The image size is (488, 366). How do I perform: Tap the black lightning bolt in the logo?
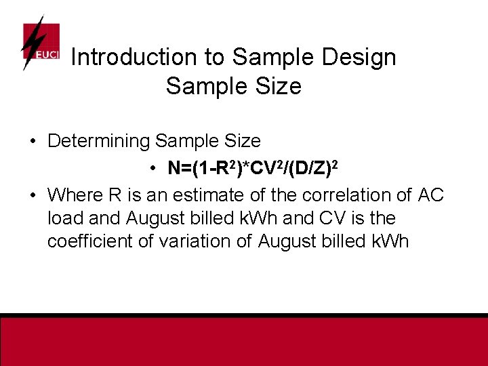click(x=31, y=42)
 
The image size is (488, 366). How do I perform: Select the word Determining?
click(x=98, y=142)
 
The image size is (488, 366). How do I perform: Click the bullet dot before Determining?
click(x=33, y=142)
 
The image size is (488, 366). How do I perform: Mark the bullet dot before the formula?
click(x=155, y=168)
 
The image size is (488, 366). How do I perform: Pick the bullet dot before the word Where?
click(x=33, y=195)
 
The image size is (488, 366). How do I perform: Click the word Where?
click(x=75, y=195)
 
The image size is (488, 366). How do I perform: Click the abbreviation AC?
click(x=432, y=195)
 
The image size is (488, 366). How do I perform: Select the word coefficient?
click(x=91, y=242)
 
